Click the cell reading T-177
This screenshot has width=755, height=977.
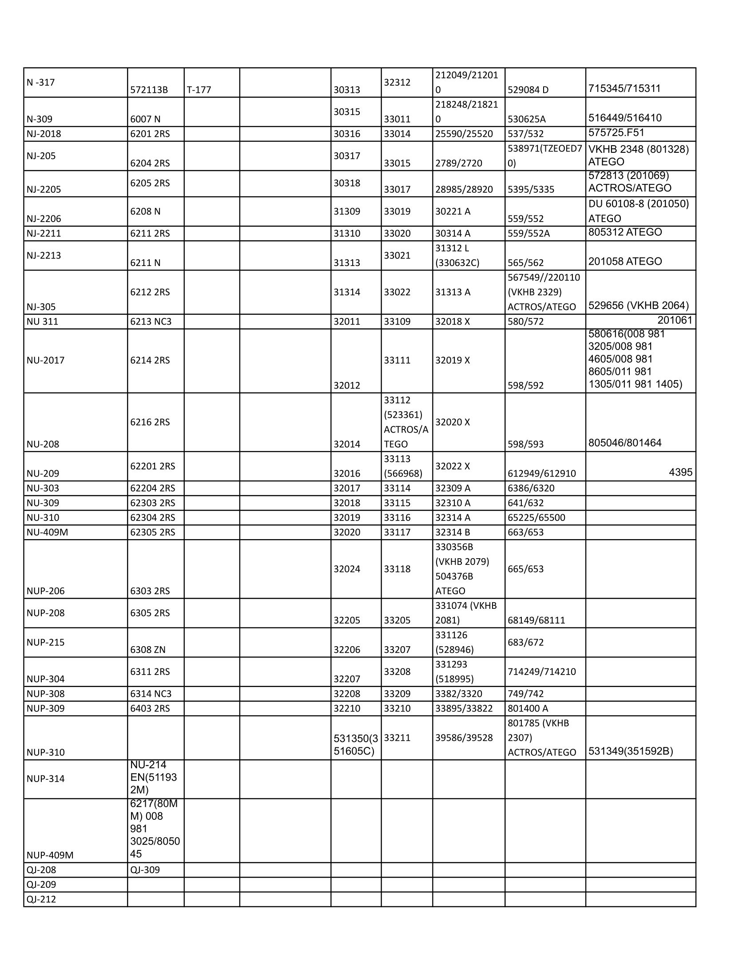[x=199, y=90]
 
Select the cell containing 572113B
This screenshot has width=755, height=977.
[x=149, y=90]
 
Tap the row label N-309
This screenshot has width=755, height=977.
[x=40, y=119]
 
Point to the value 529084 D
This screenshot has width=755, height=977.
[x=528, y=90]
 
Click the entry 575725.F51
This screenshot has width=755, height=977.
[x=616, y=132]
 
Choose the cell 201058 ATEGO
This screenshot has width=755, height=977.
[x=625, y=261]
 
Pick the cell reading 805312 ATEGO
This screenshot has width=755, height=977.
[x=625, y=232]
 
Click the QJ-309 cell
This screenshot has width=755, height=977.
[x=145, y=870]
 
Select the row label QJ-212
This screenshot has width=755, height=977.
[x=41, y=899]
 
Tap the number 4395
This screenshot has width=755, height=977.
[x=680, y=472]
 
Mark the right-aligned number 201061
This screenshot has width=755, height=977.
[x=675, y=320]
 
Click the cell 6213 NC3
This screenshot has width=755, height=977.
[x=151, y=321]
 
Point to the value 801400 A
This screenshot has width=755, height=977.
[x=528, y=708]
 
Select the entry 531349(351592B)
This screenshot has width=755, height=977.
[x=631, y=751]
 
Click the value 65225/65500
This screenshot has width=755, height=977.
[x=536, y=517]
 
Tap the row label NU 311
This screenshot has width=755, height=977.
[x=43, y=321]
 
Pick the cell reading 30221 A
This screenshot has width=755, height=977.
[x=453, y=211]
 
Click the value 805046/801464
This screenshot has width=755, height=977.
[x=625, y=443]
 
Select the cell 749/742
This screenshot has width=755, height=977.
[x=525, y=693]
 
